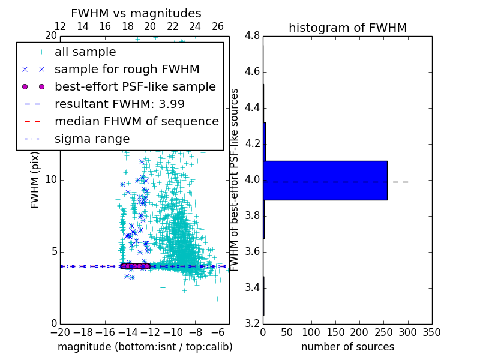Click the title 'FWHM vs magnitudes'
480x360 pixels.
136,14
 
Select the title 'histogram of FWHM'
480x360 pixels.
347,28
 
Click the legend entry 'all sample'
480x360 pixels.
85,52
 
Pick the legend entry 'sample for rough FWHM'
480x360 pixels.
127,70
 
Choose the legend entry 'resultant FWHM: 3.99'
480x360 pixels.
119,104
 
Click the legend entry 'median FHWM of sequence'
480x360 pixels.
136,122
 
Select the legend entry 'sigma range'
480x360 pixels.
92,139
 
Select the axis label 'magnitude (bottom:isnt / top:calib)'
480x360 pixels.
145,347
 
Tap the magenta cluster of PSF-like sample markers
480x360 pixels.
134,266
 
